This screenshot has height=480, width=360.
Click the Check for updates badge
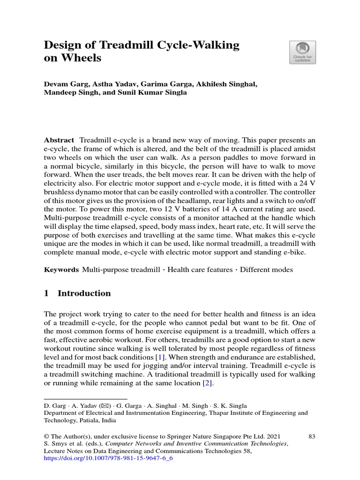(x=302, y=52)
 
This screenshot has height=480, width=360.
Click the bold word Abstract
(x=59, y=140)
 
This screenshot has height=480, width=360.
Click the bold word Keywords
(x=61, y=270)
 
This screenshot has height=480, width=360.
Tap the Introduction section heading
(x=84, y=293)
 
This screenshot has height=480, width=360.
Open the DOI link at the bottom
(x=108, y=458)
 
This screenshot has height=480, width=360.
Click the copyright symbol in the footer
(x=46, y=436)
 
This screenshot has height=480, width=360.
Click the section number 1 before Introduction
(x=46, y=293)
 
